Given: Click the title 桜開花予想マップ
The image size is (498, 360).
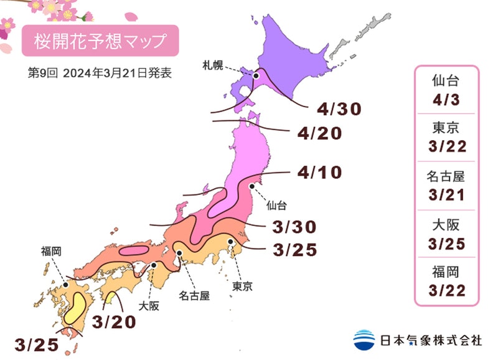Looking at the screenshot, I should pos(100,42).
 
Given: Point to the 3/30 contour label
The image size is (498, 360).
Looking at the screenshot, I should pos(294,227).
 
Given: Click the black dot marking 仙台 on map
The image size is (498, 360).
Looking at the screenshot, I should pos(251,186).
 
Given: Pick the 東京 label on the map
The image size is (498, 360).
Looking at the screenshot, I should pos(242,287).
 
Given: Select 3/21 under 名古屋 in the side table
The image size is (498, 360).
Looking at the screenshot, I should pos(446,195).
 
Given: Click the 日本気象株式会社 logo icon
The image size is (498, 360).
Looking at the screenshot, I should pos(365,339).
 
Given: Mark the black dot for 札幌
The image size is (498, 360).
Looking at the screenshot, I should pos(255,75).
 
